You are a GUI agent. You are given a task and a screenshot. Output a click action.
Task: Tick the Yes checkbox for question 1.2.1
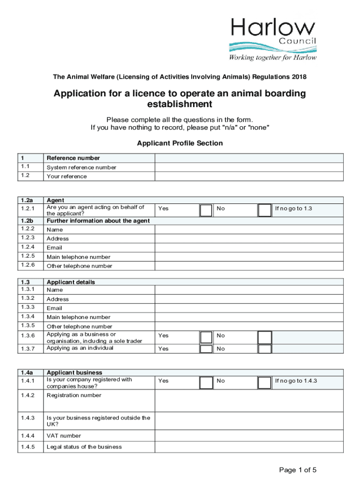click(x=206, y=210)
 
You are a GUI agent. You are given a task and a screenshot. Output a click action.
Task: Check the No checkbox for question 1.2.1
click(x=265, y=210)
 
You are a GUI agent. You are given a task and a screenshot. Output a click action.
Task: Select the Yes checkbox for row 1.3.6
click(x=206, y=337)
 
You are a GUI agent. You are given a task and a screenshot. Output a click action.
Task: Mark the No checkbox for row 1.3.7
click(x=265, y=348)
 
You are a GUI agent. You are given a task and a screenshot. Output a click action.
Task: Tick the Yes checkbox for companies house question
click(x=206, y=383)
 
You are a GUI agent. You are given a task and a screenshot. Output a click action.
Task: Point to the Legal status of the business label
click(x=84, y=447)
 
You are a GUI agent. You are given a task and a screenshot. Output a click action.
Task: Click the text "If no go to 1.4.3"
click(x=296, y=381)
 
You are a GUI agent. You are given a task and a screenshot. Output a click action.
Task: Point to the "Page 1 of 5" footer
click(x=298, y=470)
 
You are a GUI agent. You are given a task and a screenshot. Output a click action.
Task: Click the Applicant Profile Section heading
click(x=180, y=143)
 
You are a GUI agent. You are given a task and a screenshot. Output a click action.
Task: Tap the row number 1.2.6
click(x=28, y=266)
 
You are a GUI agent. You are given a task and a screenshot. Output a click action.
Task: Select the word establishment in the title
click(x=180, y=104)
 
